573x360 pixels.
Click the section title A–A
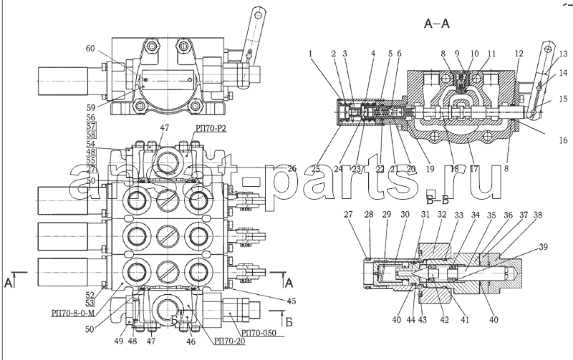(x=436, y=25)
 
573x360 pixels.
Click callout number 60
(x=90, y=49)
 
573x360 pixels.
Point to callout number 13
(x=564, y=52)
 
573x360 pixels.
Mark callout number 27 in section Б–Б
(x=347, y=214)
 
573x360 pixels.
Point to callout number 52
(x=90, y=294)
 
